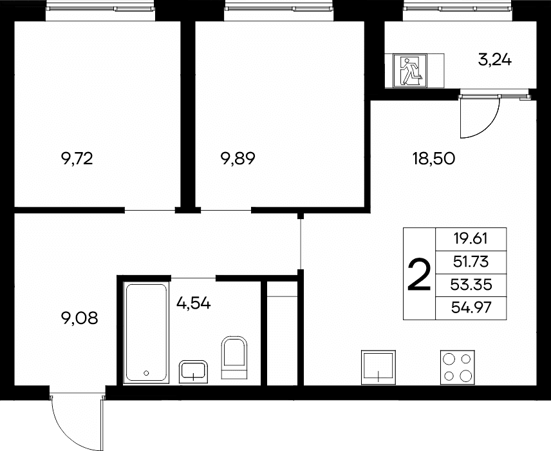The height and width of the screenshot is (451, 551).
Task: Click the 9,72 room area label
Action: coord(77,159)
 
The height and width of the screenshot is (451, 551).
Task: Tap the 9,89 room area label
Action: coord(238,158)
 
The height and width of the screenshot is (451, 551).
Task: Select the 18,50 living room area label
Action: coord(434,159)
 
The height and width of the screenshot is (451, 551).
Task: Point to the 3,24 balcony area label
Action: coord(495,60)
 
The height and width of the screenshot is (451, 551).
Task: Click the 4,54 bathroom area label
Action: coord(194,303)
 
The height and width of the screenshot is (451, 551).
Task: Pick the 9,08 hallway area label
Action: coord(79,318)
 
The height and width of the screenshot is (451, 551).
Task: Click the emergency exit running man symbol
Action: coord(410,71)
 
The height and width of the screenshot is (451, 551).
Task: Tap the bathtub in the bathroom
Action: coord(146,332)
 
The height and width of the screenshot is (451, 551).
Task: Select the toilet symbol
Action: coord(234,358)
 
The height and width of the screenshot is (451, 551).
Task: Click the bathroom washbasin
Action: coord(193,372)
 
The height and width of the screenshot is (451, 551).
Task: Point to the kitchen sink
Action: coord(378,367)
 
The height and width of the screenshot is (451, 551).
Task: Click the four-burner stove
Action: coord(458,367)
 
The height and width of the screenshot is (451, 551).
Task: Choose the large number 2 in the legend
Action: coord(419,274)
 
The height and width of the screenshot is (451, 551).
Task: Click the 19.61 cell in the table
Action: coord(471,239)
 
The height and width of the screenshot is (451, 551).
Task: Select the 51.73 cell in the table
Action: coord(471,262)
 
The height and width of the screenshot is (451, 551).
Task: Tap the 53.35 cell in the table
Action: coord(471,285)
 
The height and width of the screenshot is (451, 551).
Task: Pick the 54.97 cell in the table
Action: coord(471,308)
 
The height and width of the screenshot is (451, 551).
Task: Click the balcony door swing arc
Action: coord(489,126)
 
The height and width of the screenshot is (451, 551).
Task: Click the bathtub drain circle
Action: coord(146,373)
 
